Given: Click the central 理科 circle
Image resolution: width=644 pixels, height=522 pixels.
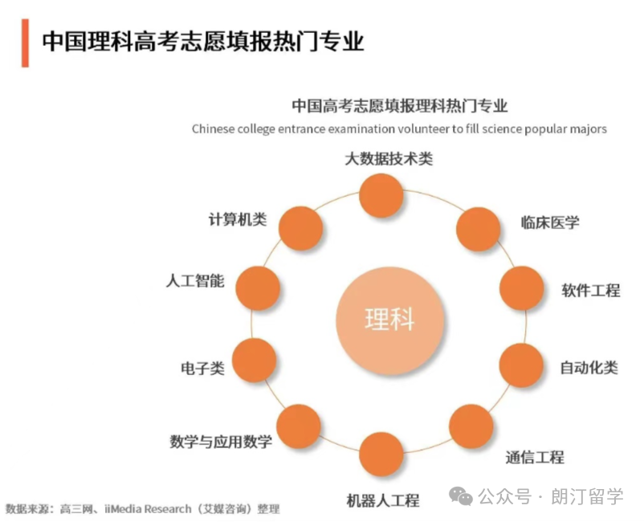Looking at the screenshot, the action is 389,320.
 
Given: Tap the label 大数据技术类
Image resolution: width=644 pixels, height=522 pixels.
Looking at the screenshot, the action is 389,159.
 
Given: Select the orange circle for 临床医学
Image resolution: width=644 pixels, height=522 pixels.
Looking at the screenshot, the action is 478,229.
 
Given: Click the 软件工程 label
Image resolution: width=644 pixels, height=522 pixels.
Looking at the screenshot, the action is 591,291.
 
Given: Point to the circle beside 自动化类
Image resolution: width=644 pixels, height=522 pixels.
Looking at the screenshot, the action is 521,365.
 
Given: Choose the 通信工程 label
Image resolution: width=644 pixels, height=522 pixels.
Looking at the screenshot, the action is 535,457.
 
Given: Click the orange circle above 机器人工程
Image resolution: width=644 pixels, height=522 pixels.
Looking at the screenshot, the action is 381,455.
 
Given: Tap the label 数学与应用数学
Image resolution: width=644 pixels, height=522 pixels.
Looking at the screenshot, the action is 221,442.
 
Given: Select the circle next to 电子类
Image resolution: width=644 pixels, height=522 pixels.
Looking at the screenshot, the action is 255,361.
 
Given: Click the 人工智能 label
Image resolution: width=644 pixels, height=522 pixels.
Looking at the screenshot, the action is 195,281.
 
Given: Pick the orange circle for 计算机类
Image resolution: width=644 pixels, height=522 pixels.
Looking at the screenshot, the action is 300,228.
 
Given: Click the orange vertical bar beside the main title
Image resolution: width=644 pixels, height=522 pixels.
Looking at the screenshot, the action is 25,43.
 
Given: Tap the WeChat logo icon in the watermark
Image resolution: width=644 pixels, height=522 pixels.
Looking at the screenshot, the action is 461,496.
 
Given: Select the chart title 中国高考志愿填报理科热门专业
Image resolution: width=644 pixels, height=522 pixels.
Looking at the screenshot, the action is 400,106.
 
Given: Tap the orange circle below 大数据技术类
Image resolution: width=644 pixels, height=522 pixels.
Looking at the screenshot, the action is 381,195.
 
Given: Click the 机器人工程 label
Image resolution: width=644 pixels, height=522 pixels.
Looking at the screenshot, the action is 383,500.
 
